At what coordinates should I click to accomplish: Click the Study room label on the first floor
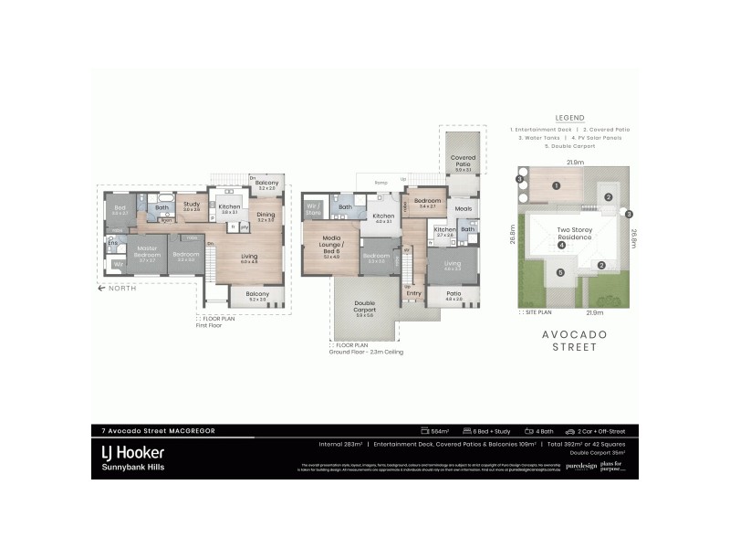click(191, 205)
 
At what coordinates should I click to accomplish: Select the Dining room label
click(266, 216)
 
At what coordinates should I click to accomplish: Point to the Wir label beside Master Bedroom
click(118, 265)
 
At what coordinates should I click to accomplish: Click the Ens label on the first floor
click(112, 243)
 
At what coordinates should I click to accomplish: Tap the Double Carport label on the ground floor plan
click(363, 306)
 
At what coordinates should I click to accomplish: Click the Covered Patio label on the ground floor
click(464, 162)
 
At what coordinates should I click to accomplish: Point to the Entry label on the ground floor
click(414, 293)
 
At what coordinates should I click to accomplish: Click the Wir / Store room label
click(313, 208)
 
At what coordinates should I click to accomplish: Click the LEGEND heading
click(569, 118)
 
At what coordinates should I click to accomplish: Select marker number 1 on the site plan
click(555, 185)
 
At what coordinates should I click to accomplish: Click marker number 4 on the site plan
click(562, 245)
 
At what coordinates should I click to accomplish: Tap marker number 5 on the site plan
click(562, 271)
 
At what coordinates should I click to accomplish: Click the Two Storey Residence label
click(576, 233)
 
